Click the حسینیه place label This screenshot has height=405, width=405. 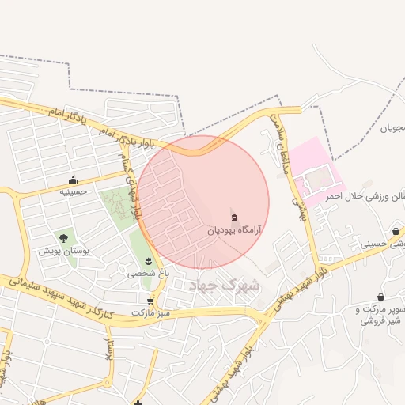point(74,191)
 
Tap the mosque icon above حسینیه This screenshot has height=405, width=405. point(74,180)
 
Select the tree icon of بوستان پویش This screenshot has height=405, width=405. point(63,237)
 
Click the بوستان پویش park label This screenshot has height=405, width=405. point(65,250)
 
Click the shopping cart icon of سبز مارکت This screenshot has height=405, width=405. point(150,301)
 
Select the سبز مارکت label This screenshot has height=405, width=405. point(151,313)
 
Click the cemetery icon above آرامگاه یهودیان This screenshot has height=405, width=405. point(233,218)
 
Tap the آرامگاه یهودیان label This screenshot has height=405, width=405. point(233,230)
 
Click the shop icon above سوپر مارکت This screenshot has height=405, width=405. point(380,297)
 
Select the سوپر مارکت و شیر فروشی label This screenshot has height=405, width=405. point(380,315)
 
